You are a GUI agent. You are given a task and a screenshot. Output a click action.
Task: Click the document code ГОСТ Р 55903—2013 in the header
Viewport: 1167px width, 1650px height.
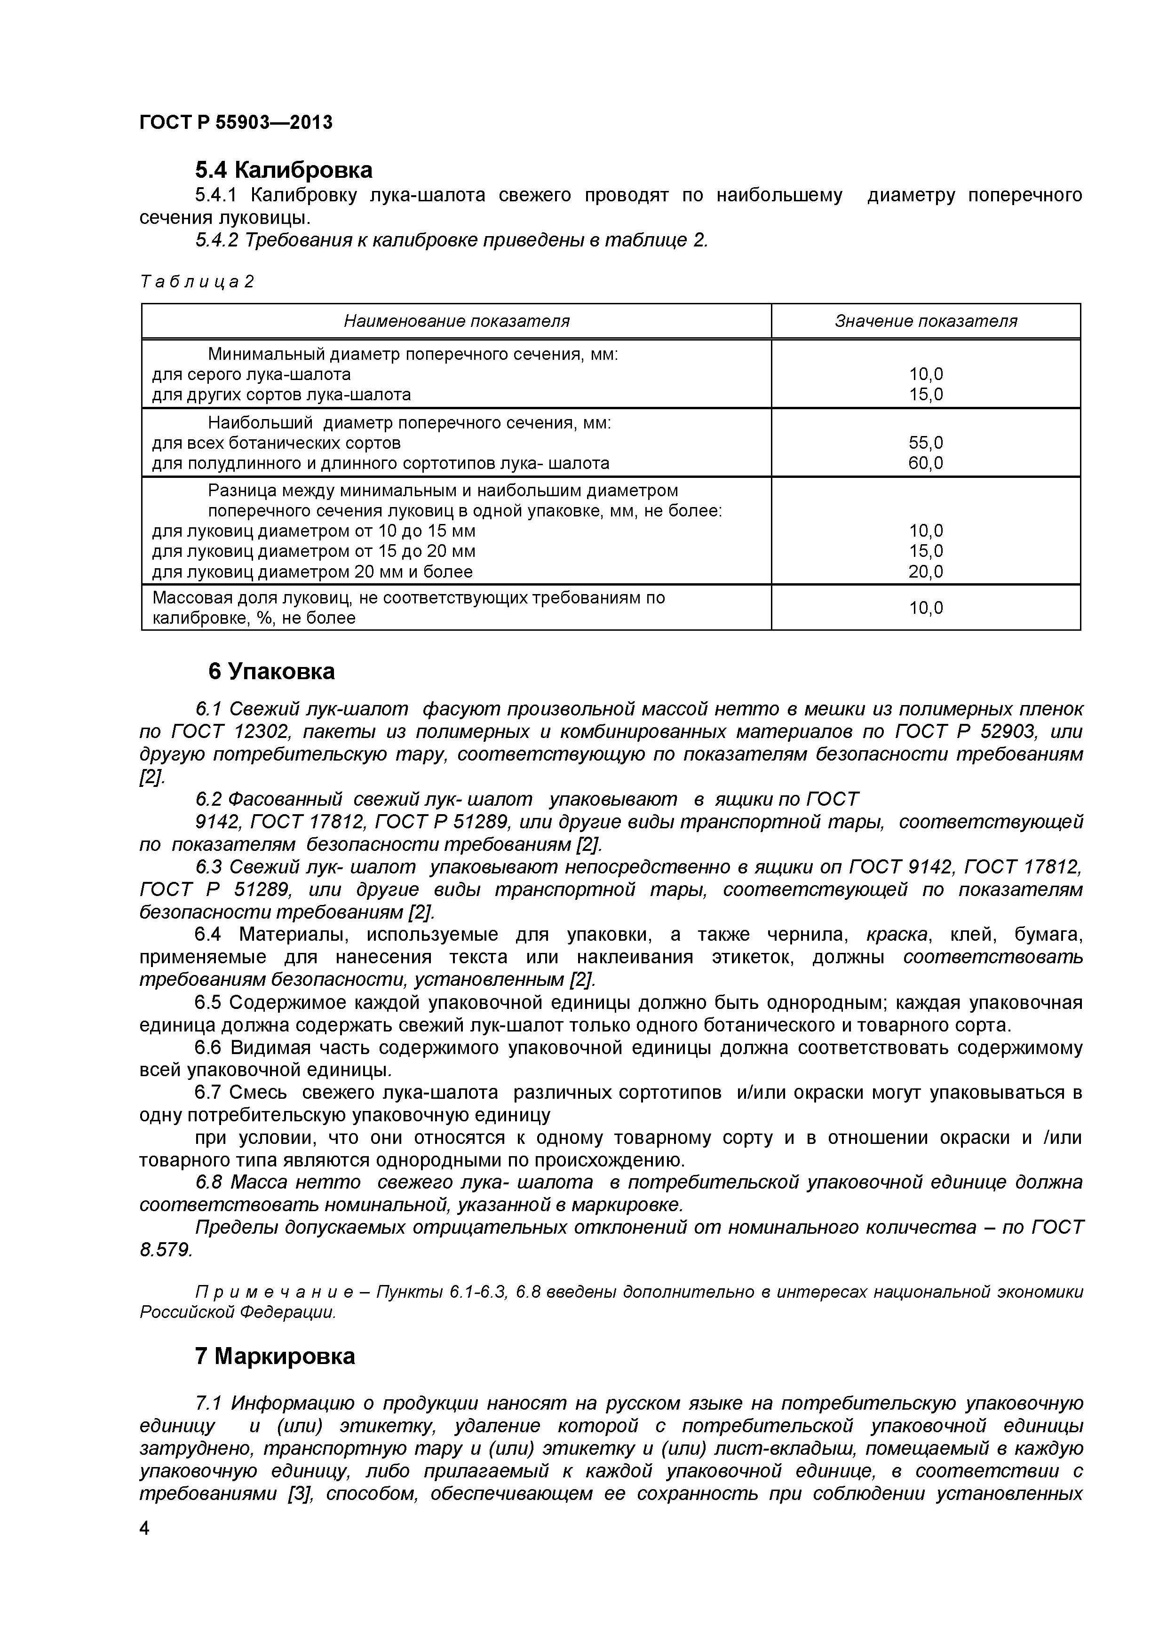236,123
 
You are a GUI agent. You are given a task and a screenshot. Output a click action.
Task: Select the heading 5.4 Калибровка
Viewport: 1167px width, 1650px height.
284,170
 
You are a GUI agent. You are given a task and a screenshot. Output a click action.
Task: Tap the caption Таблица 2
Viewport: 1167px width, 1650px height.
197,282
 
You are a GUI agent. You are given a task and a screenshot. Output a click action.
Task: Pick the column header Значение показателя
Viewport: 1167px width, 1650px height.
926,321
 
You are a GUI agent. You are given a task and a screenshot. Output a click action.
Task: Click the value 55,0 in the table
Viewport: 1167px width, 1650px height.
926,443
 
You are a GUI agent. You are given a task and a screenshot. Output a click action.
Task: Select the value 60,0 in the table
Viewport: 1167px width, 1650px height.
926,463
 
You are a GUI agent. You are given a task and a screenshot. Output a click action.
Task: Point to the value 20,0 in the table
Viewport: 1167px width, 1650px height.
926,571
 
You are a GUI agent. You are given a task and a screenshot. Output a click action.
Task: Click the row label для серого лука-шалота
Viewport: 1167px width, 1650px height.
252,374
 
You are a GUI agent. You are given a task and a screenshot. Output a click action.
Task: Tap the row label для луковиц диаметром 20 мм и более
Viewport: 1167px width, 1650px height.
313,571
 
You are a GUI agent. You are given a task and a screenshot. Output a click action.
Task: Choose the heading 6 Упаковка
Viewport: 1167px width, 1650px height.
271,671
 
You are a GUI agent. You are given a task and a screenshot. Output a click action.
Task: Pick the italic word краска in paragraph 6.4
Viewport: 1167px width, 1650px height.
897,935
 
